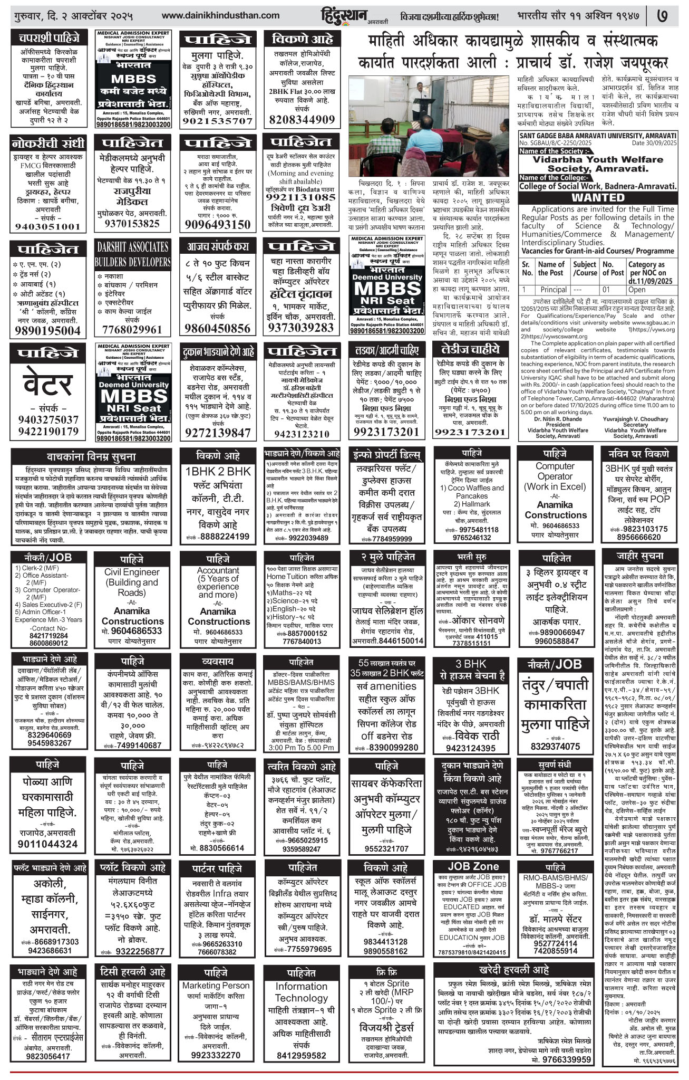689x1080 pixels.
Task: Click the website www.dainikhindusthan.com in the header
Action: tap(221, 15)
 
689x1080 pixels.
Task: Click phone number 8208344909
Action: tap(302, 119)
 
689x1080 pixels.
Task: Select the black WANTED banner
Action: tap(597, 197)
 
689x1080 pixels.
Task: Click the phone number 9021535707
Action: tap(218, 120)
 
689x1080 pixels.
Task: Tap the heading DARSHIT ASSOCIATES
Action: tap(132, 246)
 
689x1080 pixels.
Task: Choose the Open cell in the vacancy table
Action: tap(637, 290)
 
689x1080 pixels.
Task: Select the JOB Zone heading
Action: tap(473, 867)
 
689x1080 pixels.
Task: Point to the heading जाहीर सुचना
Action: tap(639, 556)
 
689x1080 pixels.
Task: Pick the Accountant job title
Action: tap(218, 570)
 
